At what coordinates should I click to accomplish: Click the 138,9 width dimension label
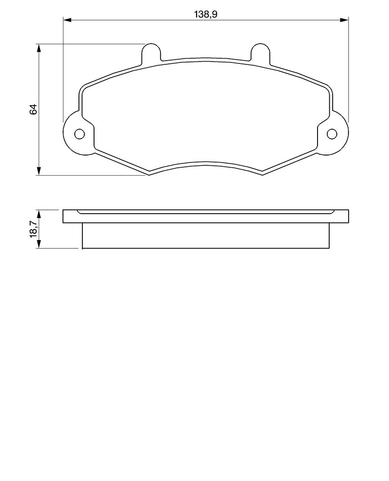pos(206,15)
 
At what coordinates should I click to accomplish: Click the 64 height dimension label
pos(33,109)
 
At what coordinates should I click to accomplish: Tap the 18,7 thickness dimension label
pos(33,229)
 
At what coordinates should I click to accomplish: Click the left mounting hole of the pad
pos(79,134)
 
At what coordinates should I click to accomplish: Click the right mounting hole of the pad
pos(332,134)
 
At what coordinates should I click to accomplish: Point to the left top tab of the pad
pos(151,53)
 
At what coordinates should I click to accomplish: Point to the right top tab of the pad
pos(260,53)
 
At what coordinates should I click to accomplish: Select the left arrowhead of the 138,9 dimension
pos(67,20)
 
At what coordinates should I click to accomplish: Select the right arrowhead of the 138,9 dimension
pos(344,20)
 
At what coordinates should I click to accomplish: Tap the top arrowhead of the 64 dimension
pos(39,48)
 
